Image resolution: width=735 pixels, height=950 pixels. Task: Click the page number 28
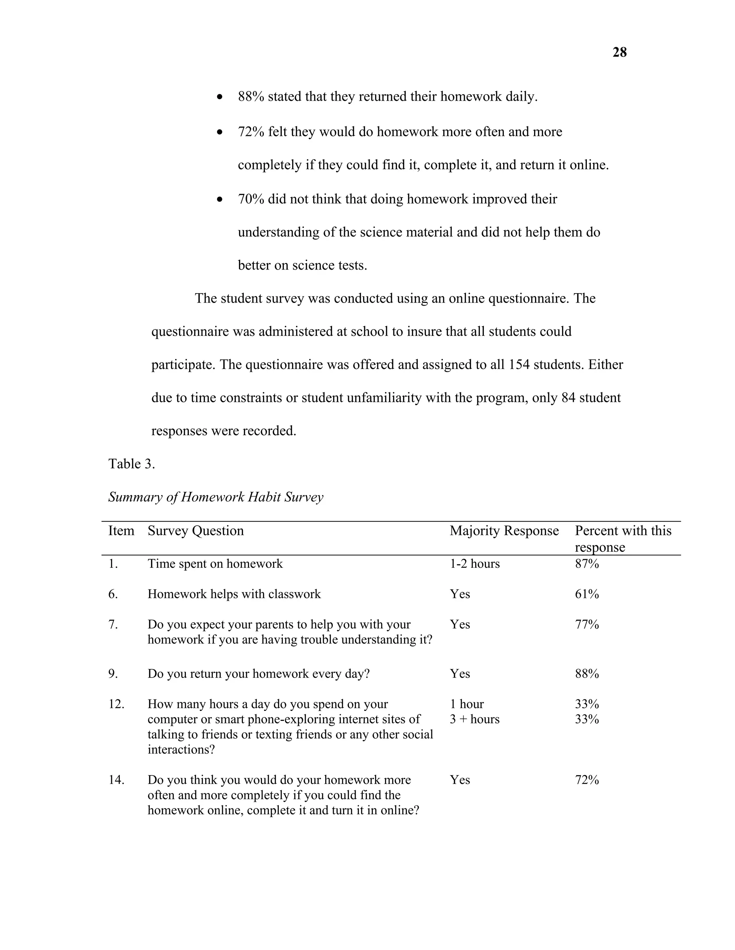(x=619, y=53)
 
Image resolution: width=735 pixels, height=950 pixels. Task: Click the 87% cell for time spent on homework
(x=586, y=564)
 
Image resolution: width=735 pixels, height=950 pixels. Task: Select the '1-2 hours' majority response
(x=474, y=564)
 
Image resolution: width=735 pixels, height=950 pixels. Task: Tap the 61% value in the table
(x=586, y=594)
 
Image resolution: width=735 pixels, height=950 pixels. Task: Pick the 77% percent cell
(x=586, y=624)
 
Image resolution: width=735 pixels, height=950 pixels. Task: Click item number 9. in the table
(x=113, y=674)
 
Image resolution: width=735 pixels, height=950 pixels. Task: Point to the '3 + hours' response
(x=474, y=719)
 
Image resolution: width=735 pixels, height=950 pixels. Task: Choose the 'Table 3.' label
(x=131, y=464)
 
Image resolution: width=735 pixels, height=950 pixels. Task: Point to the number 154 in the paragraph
(x=519, y=365)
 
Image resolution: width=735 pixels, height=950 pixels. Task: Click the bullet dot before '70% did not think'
(x=220, y=200)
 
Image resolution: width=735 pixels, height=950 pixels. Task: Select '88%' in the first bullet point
(x=251, y=96)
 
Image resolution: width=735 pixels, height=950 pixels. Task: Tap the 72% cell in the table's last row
(x=586, y=780)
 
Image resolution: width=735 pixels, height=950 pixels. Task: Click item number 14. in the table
(x=116, y=780)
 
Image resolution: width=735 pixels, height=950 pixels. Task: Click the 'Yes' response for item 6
(x=459, y=594)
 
